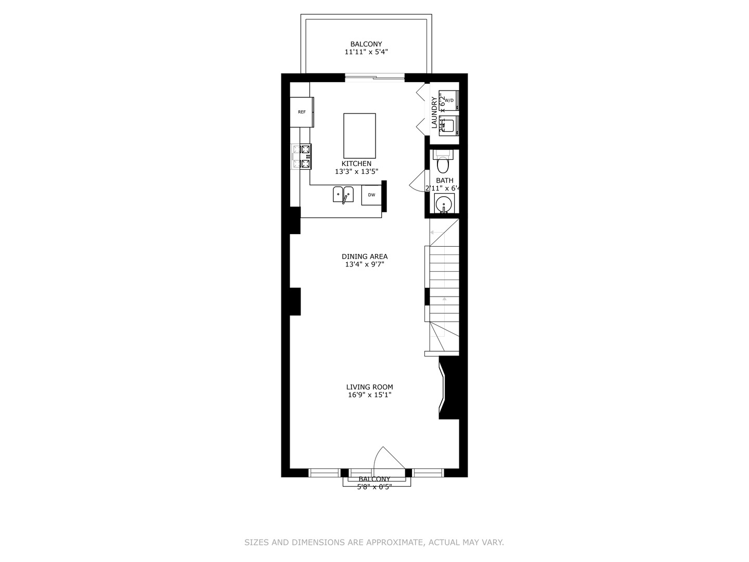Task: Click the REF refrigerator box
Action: [x=302, y=112]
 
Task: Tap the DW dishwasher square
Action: [x=371, y=195]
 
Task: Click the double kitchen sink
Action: [x=343, y=194]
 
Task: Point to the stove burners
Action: [x=302, y=157]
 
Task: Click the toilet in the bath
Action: [x=443, y=163]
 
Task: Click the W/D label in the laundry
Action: [x=449, y=100]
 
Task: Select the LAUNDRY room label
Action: [x=434, y=112]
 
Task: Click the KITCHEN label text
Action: [x=356, y=163]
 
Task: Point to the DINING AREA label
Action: [x=365, y=257]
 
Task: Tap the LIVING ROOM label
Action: [x=370, y=387]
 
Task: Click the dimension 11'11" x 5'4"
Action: [x=366, y=52]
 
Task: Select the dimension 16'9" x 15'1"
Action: [x=370, y=395]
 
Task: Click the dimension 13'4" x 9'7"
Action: [x=365, y=264]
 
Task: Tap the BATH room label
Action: [x=445, y=181]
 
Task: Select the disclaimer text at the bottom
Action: [x=374, y=542]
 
